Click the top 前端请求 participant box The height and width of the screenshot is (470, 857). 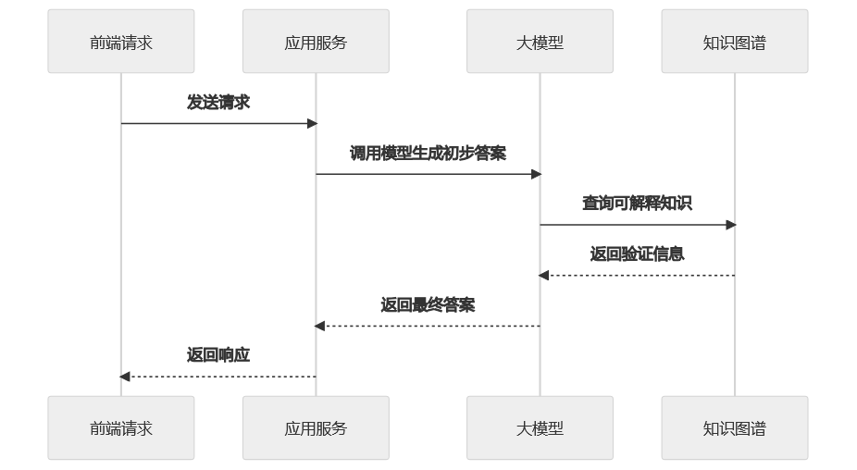pos(121,42)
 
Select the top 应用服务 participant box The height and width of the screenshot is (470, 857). pos(316,42)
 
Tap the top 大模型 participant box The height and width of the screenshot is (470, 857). pos(540,42)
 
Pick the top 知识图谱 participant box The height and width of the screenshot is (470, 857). pos(734,42)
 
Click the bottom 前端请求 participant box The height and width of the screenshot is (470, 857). pos(121,428)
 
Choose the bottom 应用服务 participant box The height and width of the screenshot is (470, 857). pos(316,428)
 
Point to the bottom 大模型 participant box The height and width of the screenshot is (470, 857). pos(540,428)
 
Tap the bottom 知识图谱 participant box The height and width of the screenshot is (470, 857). pos(734,428)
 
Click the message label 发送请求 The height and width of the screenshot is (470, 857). pos(218,103)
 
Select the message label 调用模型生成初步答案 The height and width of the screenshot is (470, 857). pos(428,154)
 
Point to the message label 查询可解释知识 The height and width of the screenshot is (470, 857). pos(637,204)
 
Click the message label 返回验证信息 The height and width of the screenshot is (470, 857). pos(637,254)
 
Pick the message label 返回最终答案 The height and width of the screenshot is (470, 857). pos(428,305)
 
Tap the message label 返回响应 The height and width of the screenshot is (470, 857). pos(218,355)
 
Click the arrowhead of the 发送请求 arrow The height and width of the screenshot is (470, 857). pos(312,123)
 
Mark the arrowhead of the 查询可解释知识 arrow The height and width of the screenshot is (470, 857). pos(730,225)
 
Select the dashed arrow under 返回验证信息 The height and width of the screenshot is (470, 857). pos(637,276)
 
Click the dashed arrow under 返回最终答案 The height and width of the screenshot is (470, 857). pos(428,326)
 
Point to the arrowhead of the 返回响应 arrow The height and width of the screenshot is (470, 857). pos(125,377)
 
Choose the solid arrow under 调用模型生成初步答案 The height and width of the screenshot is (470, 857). pos(428,174)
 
